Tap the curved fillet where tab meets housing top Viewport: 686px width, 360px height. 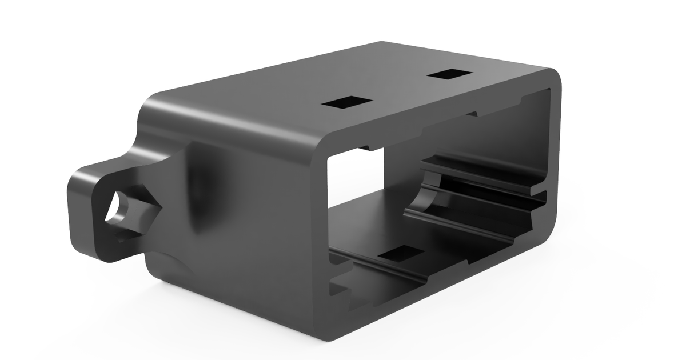pos(146,114)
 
